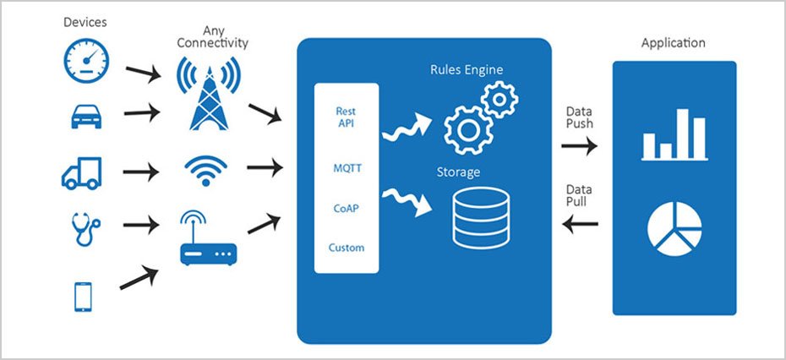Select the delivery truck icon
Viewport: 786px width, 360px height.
click(82, 173)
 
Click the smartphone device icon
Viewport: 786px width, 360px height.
click(84, 296)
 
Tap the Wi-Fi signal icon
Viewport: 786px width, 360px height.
click(205, 170)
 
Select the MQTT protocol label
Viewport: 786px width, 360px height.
click(347, 168)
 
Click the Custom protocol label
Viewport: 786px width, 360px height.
click(347, 248)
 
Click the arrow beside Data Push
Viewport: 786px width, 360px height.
click(580, 146)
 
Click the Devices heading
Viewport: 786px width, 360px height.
click(85, 22)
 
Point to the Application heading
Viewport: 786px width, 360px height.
click(673, 43)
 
